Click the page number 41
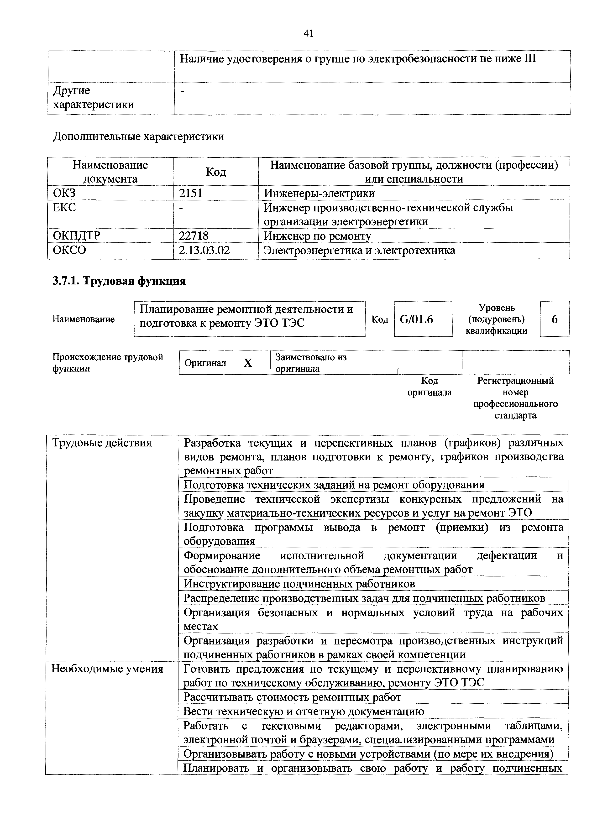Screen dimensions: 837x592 308,34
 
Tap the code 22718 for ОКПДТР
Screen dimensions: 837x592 193,236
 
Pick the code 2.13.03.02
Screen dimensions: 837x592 204,251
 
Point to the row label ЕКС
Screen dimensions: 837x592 64,207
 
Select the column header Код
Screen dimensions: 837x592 216,172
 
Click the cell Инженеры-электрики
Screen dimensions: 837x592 319,193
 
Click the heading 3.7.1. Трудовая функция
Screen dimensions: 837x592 119,281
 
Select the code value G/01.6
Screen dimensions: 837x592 416,319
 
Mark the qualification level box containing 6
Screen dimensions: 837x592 555,319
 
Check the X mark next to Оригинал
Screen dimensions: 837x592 248,363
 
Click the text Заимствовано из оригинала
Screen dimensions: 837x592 311,363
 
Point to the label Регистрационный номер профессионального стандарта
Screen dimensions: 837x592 515,398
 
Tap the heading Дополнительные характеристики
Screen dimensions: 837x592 139,137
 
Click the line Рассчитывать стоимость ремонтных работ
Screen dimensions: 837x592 292,697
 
